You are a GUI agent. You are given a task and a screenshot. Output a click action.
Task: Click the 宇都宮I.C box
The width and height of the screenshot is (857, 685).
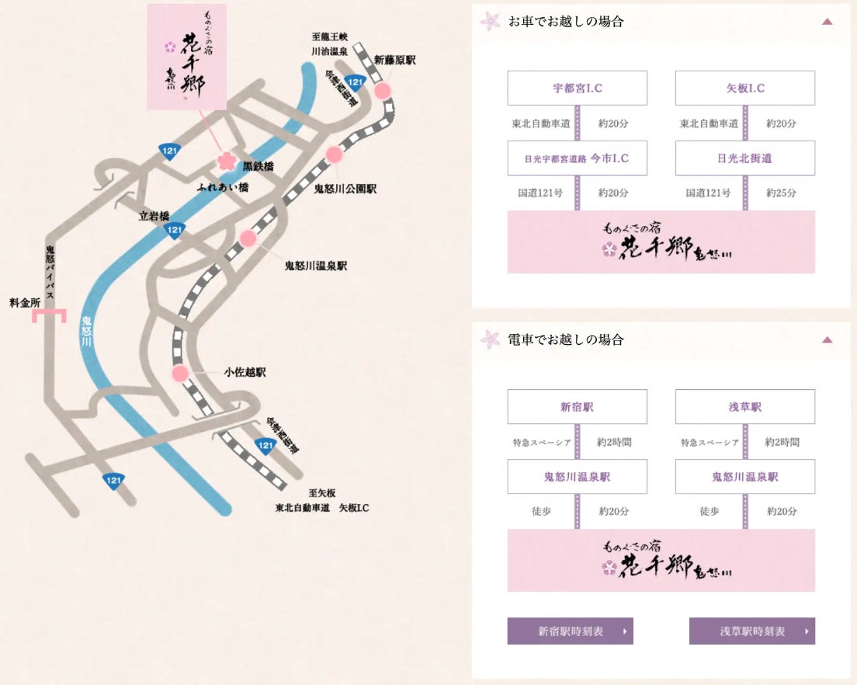577,88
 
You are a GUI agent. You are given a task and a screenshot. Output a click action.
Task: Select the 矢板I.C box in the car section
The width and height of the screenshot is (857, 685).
744,88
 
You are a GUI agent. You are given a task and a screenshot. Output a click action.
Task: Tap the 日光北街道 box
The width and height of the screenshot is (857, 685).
744,158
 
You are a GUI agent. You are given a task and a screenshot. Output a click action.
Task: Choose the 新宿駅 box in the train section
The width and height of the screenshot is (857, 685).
577,407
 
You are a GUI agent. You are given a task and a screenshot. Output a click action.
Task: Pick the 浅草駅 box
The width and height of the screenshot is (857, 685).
744,407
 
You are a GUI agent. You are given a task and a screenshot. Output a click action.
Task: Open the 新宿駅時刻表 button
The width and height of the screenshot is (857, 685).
570,631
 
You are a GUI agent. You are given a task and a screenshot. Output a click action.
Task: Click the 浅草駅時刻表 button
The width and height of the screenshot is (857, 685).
751,631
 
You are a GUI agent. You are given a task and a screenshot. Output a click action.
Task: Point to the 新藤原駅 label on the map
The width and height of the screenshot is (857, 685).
394,60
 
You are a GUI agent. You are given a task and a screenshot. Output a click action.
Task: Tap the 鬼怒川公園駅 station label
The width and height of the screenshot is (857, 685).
345,189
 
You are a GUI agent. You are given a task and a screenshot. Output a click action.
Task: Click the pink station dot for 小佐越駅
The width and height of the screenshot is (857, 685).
180,374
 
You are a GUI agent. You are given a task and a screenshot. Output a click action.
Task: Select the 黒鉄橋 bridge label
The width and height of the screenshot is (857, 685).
258,166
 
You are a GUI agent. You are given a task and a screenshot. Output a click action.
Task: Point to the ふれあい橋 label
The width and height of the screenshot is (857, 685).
223,188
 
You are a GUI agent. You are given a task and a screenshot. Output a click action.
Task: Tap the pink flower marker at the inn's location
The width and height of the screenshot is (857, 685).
226,160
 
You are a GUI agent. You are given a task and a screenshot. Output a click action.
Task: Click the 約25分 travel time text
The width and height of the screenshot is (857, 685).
781,193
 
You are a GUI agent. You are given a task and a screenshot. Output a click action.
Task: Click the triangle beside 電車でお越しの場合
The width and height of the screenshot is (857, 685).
827,339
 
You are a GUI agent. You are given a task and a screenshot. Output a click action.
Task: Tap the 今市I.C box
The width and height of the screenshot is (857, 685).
577,158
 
